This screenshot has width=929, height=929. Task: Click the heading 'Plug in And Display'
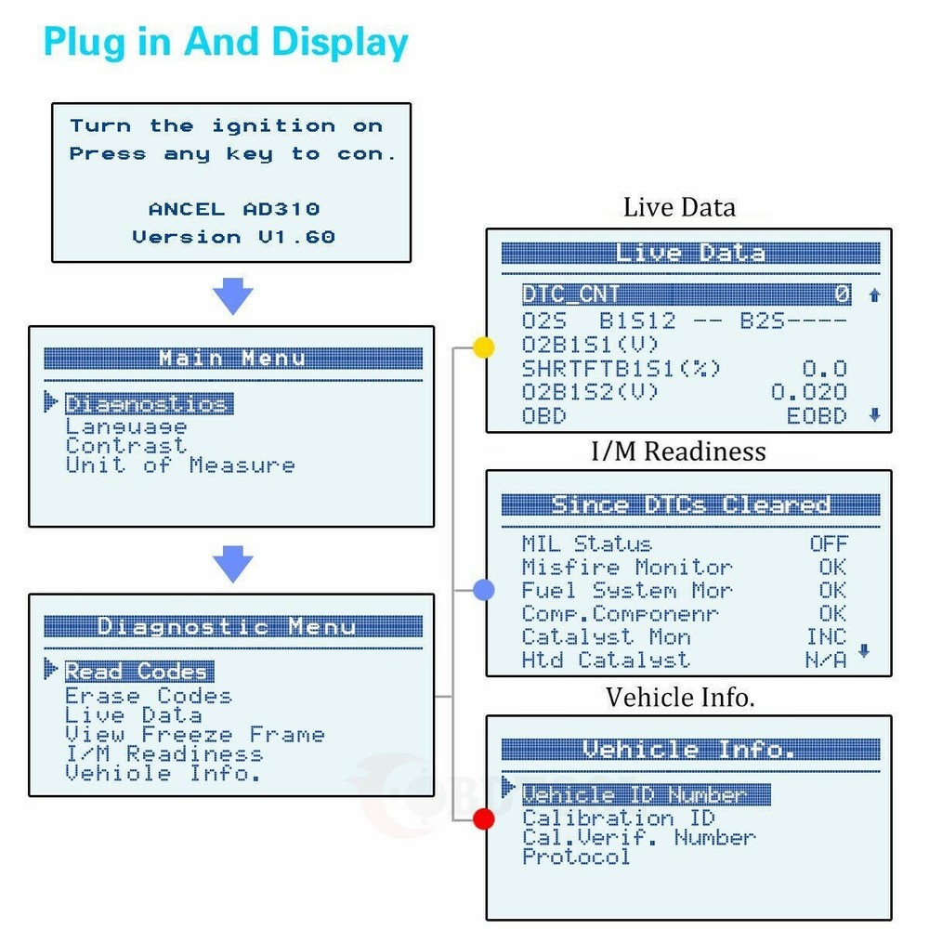[226, 43]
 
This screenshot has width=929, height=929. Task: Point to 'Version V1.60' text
[233, 237]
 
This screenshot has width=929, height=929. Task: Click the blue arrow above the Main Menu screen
[232, 297]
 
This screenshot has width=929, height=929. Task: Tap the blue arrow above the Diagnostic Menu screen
[232, 565]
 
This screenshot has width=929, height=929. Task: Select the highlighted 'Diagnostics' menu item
[147, 404]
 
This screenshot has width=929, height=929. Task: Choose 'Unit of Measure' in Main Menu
[179, 465]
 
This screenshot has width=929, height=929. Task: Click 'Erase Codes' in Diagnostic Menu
[148, 696]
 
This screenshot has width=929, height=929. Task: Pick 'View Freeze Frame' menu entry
[194, 735]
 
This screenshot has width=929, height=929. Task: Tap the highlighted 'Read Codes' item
[137, 671]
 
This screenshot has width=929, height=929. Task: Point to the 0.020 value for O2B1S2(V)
[808, 392]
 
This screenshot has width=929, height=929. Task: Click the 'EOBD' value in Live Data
[817, 415]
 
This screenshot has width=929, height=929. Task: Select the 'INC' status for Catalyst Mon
[826, 636]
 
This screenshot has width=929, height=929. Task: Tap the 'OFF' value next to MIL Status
[829, 543]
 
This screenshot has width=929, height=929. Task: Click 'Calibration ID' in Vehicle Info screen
[618, 818]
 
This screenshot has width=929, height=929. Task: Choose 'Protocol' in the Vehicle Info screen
[576, 857]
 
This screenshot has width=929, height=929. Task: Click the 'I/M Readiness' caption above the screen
[679, 451]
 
